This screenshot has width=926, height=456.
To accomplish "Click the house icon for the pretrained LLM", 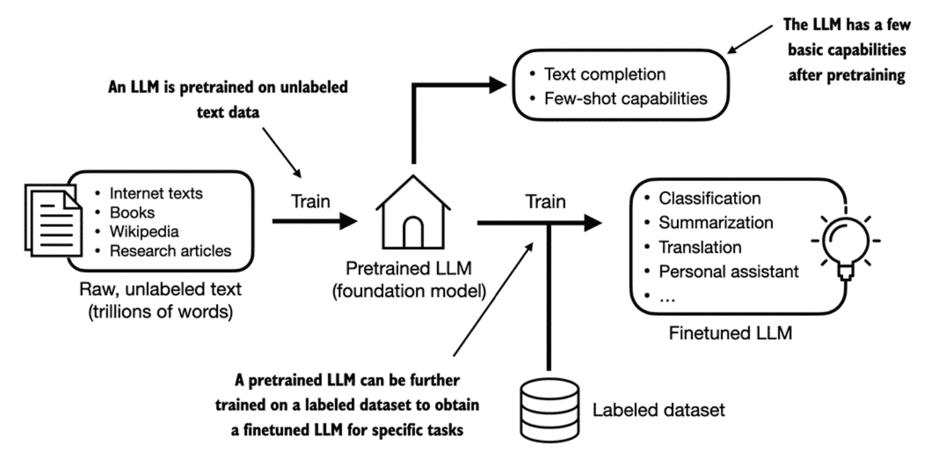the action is (413, 212).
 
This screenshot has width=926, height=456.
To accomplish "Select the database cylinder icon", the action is (550, 409).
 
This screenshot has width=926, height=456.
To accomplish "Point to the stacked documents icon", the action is (53, 220).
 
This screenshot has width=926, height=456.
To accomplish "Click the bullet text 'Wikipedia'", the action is (144, 232).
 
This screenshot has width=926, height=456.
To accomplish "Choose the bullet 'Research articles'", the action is (170, 250).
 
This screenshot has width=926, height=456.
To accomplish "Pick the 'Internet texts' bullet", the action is (156, 193).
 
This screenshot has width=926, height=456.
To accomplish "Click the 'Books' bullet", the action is (132, 213).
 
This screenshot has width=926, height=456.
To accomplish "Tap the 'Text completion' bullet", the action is (605, 74).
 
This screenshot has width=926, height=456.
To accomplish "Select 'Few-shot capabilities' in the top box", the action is (625, 99).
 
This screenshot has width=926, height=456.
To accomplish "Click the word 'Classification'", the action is (709, 199).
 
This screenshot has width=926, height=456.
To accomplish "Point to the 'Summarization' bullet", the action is (716, 223).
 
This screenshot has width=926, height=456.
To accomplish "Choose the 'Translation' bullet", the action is (700, 247).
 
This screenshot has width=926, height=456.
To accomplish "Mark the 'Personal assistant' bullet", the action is (728, 272).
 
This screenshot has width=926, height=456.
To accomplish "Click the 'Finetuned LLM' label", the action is (731, 333).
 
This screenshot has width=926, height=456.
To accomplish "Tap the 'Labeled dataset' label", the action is (658, 410).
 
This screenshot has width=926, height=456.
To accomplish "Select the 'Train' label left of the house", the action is (310, 201).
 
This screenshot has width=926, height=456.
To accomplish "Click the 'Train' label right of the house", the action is (545, 202).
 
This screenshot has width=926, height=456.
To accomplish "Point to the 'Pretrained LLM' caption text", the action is (409, 268).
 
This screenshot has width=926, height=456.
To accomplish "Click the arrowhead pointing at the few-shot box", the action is (498, 85).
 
